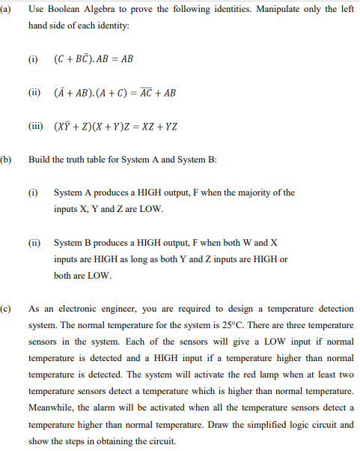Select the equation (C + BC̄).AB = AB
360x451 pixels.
pos(93,58)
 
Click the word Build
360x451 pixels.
pos(38,160)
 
